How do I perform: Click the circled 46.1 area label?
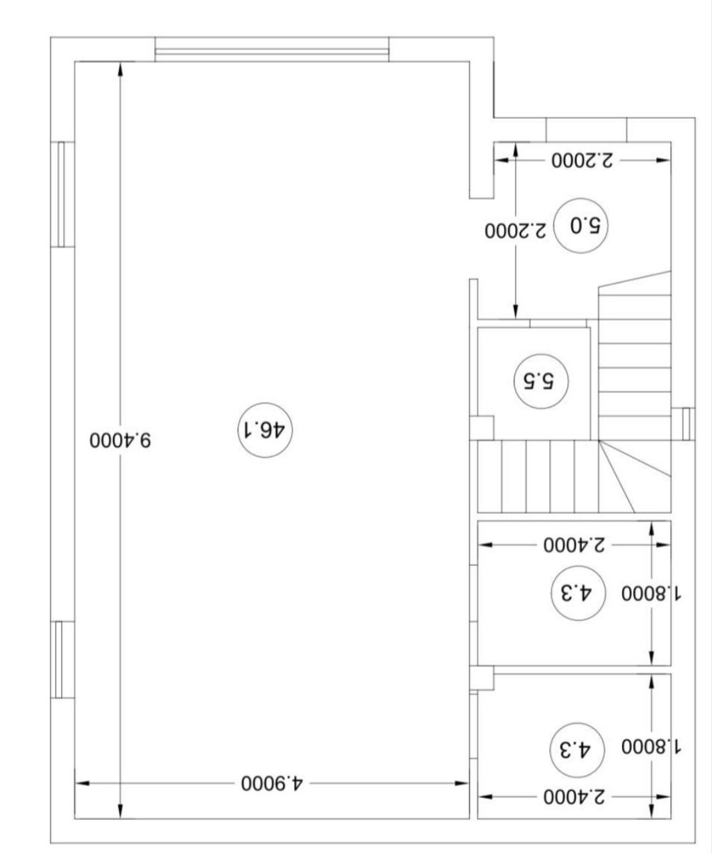265,430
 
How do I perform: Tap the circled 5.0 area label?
581,226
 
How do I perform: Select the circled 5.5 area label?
541,381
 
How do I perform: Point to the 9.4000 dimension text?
121,440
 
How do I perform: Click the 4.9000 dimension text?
272,783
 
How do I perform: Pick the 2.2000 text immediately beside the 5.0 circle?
516,231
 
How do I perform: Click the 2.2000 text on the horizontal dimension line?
583,160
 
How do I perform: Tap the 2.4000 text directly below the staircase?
575,545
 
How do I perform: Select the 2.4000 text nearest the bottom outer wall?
575,797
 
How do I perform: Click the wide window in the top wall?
272,49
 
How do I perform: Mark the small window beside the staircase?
689,424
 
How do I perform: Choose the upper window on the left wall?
62,194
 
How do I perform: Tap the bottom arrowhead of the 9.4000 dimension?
120,812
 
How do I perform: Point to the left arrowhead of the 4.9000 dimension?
82,783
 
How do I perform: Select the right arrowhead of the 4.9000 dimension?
462,783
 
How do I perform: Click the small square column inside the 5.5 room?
482,428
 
